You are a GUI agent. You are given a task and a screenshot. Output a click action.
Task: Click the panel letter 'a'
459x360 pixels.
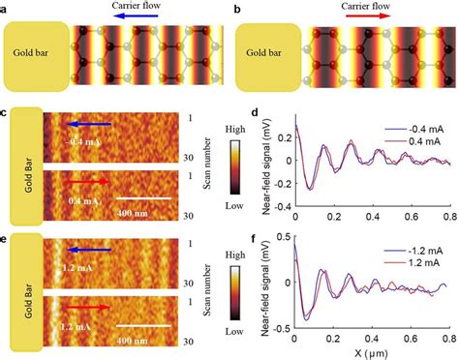coord(7,8)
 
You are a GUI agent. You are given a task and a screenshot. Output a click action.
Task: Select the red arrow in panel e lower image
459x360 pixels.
coord(88,308)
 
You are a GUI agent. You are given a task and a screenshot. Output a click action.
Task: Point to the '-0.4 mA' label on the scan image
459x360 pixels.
coord(81,141)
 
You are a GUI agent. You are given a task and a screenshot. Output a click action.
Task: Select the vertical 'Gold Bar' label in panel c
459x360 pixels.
coord(24,164)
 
